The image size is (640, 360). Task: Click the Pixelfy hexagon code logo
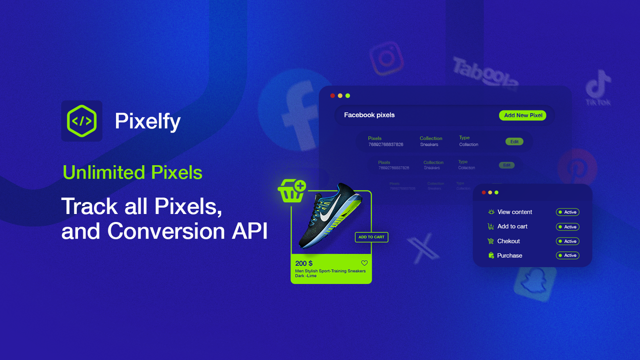(81, 120)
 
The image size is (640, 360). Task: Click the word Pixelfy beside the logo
(147, 121)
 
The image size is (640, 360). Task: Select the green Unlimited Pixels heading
(132, 172)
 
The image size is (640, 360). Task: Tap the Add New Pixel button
(522, 115)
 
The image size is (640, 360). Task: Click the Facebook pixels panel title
(369, 115)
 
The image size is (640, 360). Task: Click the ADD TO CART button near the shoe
(371, 237)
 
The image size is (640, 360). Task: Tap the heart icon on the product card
(364, 263)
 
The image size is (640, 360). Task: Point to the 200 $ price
(303, 263)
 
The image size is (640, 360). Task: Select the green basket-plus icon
(292, 190)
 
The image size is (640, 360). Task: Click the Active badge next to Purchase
(567, 255)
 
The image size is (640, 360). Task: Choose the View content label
(514, 212)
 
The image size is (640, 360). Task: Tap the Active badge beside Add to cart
(567, 227)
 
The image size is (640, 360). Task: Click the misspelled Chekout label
(508, 241)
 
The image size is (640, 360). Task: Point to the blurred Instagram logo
(386, 58)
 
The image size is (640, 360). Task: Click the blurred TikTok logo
(598, 87)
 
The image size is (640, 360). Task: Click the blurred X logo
(423, 249)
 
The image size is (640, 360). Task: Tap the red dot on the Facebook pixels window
(332, 95)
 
